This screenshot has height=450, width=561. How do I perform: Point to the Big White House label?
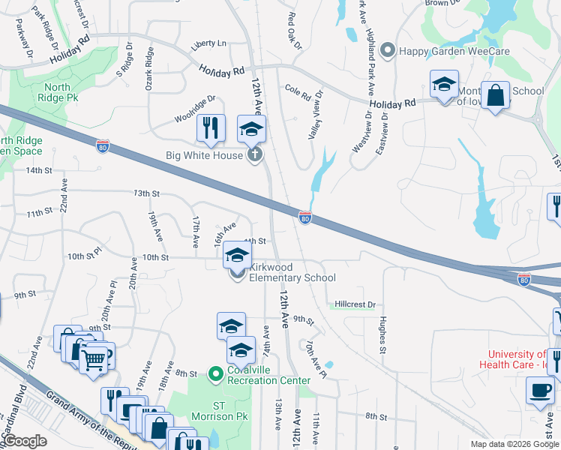point(204,155)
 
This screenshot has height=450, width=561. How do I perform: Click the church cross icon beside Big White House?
point(255,155)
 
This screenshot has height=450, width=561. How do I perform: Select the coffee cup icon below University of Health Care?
point(540,391)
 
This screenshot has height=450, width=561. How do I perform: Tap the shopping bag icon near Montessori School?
point(495,96)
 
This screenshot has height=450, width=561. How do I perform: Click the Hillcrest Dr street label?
point(354,305)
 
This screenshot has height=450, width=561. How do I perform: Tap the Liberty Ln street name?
point(208,44)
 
